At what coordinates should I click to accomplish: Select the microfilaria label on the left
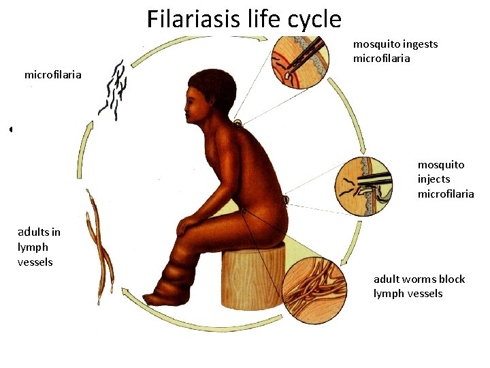point(52,74)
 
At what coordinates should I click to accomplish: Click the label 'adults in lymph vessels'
point(39,247)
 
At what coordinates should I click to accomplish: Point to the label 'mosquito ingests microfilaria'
point(395,51)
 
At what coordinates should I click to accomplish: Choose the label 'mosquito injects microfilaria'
point(446,179)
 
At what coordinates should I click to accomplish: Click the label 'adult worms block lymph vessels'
point(419,286)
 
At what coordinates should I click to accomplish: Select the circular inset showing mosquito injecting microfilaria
point(364,186)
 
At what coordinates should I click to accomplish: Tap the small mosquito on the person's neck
point(238,124)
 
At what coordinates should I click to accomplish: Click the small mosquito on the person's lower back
point(284,200)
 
